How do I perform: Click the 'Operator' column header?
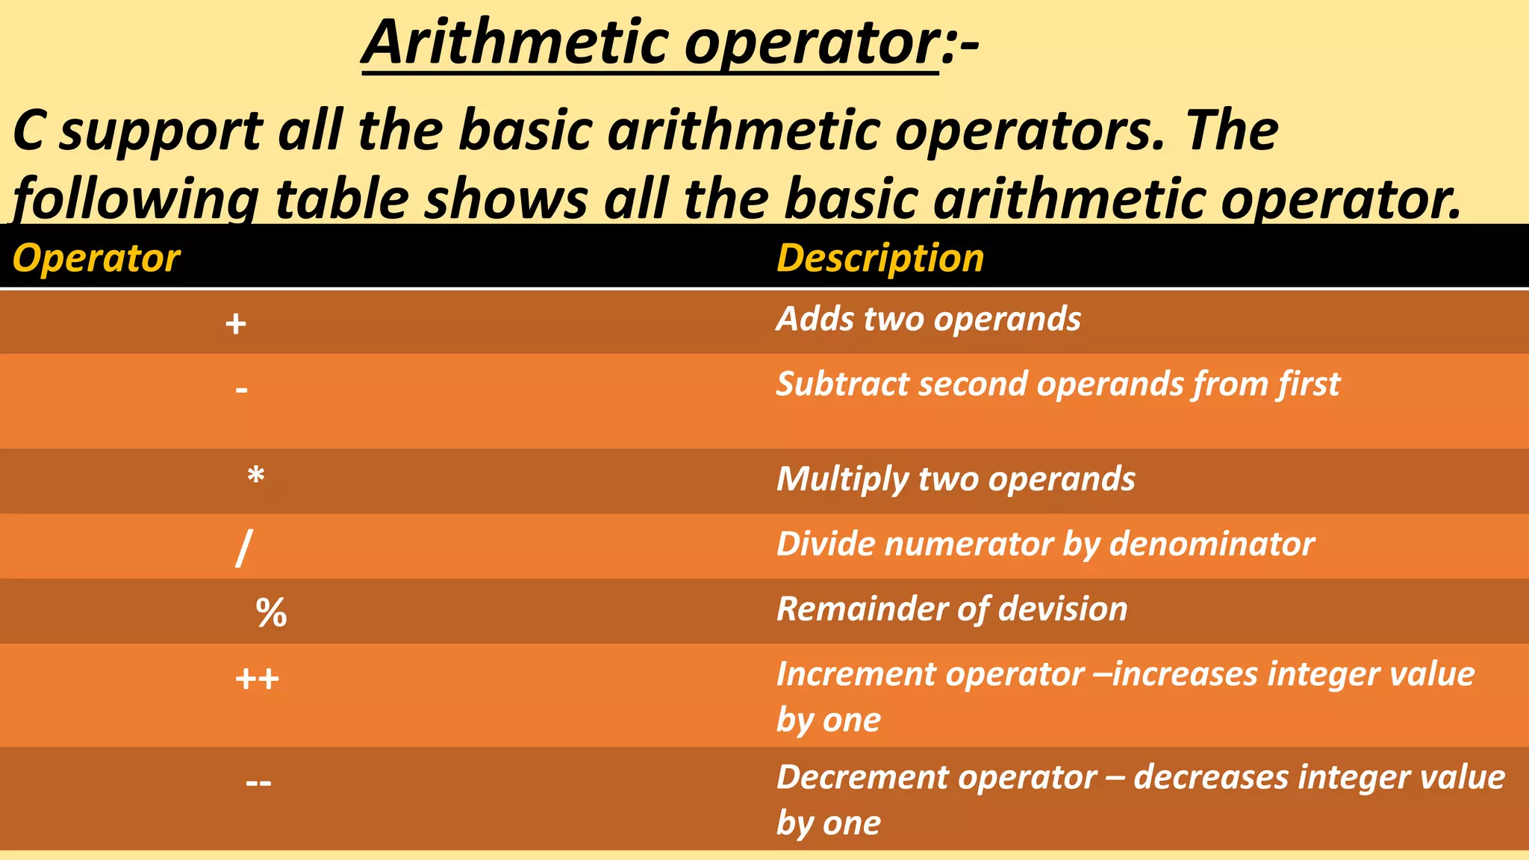(96, 258)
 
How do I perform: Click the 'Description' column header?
(880, 258)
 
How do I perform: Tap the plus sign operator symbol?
(236, 324)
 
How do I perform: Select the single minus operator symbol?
(241, 389)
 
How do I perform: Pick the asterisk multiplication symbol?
(256, 476)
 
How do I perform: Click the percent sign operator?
(271, 613)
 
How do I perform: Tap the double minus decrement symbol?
(258, 782)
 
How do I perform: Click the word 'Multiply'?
(841, 479)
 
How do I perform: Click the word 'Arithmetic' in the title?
(516, 43)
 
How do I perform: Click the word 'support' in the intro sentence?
(161, 131)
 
